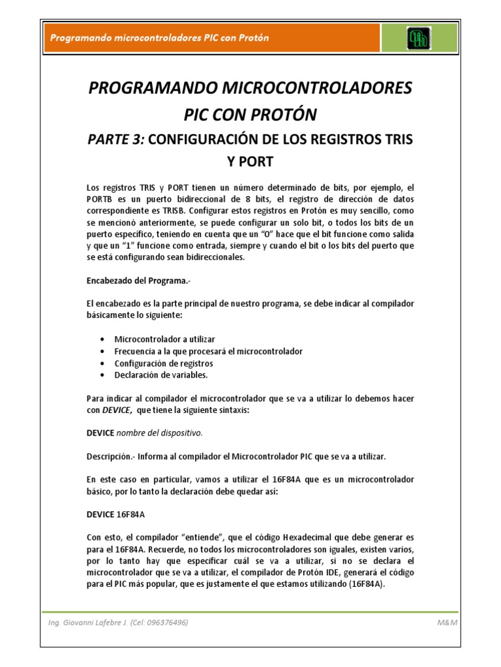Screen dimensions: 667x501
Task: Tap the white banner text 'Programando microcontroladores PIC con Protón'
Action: pyautogui.click(x=160, y=38)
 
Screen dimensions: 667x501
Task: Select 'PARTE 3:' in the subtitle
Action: pyautogui.click(x=115, y=139)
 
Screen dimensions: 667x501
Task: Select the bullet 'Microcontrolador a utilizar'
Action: pyautogui.click(x=164, y=339)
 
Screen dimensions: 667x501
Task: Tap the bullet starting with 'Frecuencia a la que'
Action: pyautogui.click(x=208, y=351)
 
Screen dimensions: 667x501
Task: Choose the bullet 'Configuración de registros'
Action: pyautogui.click(x=164, y=363)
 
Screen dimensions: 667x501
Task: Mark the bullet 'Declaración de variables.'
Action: pyautogui.click(x=161, y=375)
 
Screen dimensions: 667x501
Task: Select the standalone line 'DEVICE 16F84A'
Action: pyautogui.click(x=115, y=514)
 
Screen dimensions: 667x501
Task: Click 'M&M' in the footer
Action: pyautogui.click(x=448, y=623)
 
